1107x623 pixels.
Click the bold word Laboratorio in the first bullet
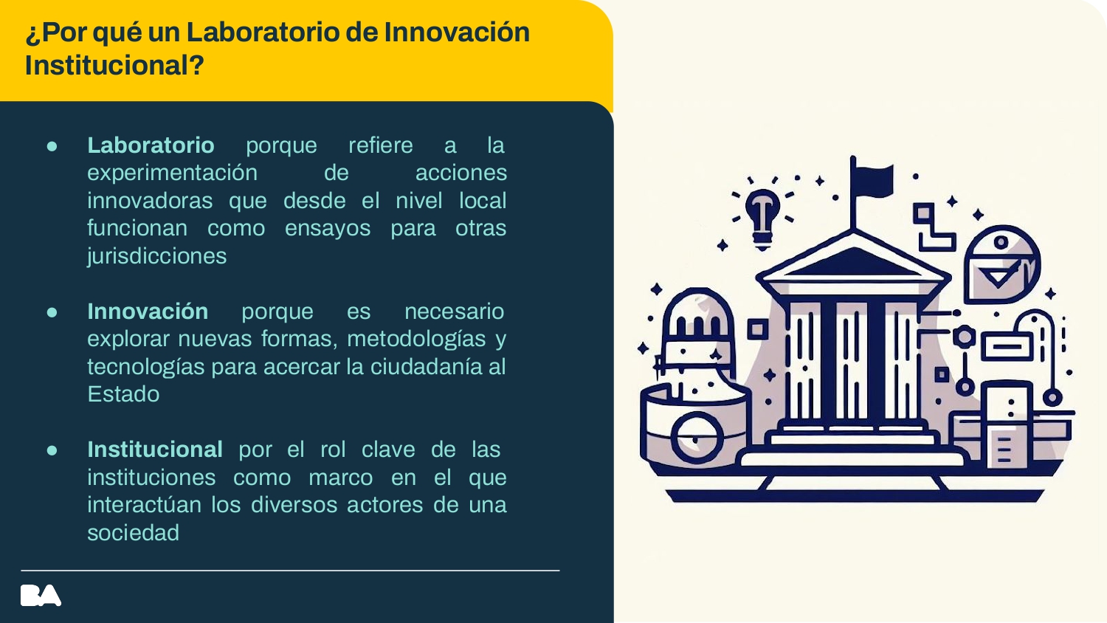click(x=151, y=145)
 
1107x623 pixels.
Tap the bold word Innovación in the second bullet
click(x=148, y=311)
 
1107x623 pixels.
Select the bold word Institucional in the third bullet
click(x=155, y=450)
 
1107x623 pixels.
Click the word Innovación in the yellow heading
click(x=457, y=32)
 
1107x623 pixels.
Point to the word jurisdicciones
click(x=156, y=256)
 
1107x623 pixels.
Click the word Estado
click(x=123, y=394)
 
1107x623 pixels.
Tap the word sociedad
click(x=133, y=533)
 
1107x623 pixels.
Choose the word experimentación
click(x=172, y=173)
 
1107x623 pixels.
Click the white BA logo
click(x=41, y=596)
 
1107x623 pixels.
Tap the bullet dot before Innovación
click(x=52, y=312)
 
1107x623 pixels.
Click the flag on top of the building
click(x=872, y=181)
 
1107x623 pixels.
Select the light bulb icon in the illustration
click(x=762, y=214)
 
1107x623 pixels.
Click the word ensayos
click(x=328, y=228)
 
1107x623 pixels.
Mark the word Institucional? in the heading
click(x=114, y=66)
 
